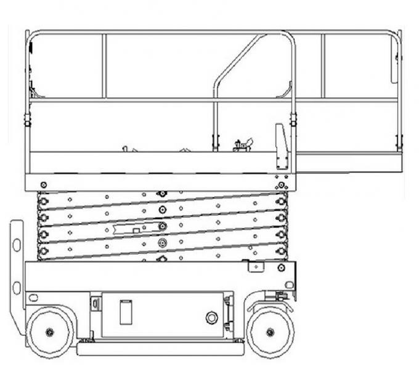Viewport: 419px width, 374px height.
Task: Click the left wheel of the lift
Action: (x=50, y=331)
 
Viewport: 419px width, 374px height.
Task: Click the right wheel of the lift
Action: (x=270, y=331)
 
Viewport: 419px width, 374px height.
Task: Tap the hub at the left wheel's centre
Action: (x=50, y=332)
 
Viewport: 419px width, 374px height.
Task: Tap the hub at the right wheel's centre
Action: (x=270, y=332)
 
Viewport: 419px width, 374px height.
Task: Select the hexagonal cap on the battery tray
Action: (x=211, y=318)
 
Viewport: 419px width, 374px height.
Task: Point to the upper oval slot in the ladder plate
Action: (x=17, y=245)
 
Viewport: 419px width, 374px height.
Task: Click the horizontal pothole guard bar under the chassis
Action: (x=160, y=349)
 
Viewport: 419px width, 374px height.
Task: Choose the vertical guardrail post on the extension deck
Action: (x=322, y=66)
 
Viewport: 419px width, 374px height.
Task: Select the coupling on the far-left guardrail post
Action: (x=27, y=118)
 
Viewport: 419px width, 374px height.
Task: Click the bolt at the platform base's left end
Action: (x=43, y=185)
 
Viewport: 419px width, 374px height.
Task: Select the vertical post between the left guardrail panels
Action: (x=104, y=66)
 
